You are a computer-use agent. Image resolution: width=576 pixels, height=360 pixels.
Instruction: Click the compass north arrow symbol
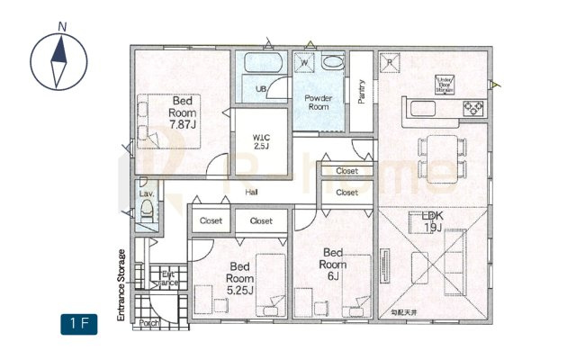(60, 61)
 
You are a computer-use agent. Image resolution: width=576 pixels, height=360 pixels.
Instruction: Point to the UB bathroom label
(260, 88)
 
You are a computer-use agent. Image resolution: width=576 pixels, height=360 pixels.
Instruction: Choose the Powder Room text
(319, 102)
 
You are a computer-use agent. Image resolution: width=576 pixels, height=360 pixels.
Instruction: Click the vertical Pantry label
(361, 91)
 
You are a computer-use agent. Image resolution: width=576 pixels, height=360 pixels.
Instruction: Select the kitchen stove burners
(473, 109)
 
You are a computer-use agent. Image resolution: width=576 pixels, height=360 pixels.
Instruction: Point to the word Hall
(252, 193)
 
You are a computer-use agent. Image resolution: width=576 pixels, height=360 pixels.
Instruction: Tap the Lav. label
(145, 192)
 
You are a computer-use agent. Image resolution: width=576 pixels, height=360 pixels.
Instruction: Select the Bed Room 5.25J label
(240, 277)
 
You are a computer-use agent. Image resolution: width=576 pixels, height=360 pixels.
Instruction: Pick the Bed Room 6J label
(333, 263)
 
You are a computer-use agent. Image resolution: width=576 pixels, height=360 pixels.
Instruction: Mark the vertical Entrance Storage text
(121, 285)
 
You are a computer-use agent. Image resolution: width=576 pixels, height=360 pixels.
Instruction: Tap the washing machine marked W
(304, 63)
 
